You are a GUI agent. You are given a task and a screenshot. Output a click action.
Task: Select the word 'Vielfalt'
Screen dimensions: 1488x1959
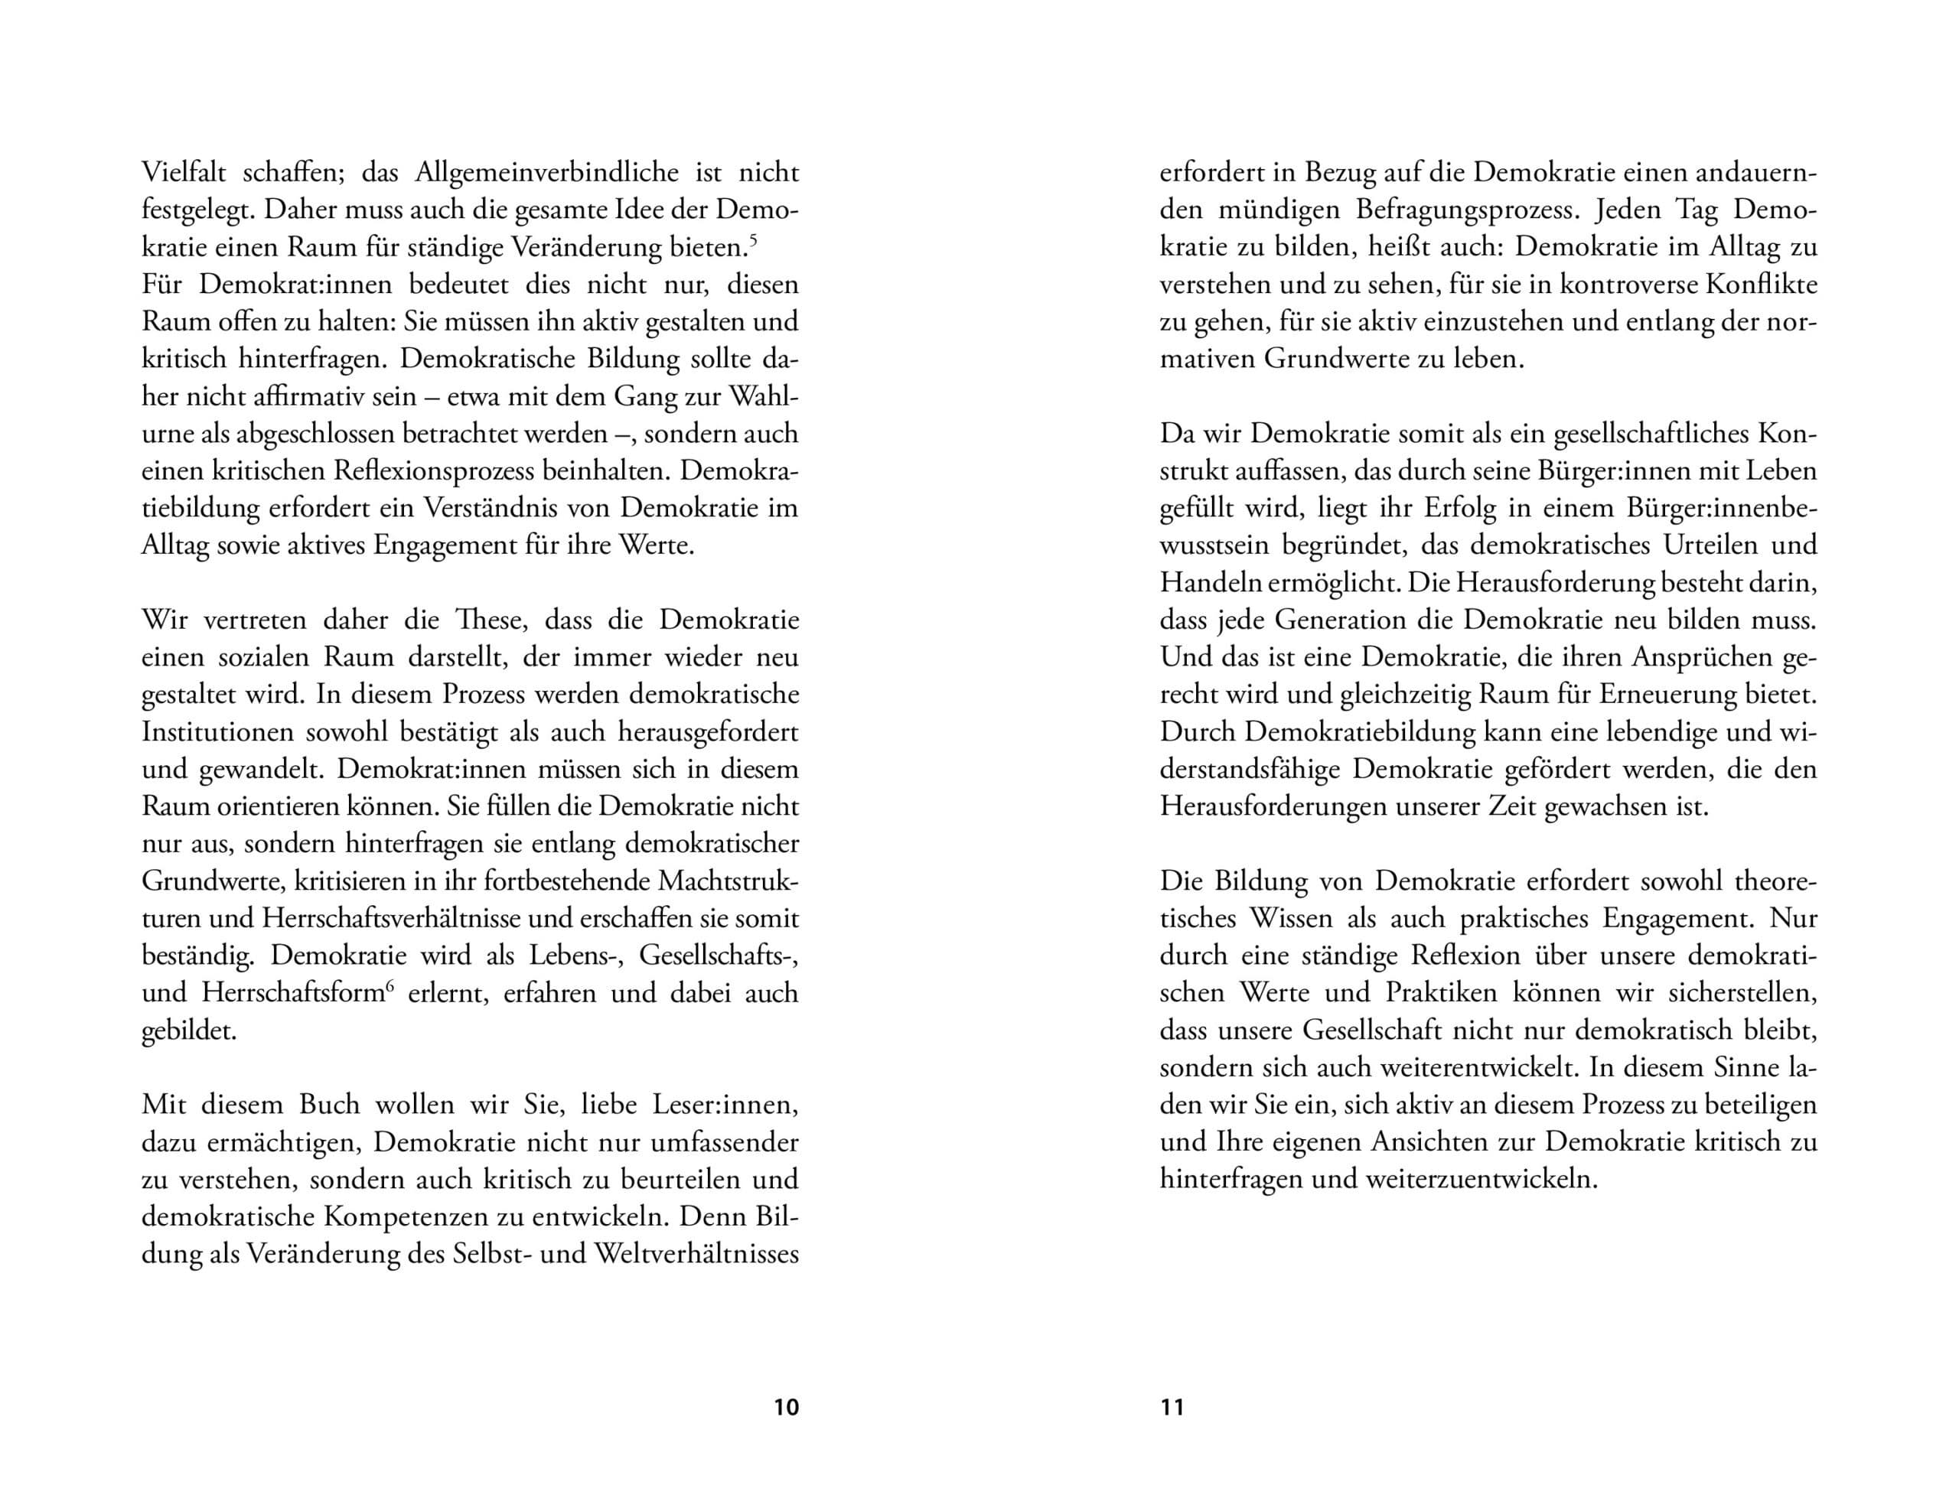[184, 173]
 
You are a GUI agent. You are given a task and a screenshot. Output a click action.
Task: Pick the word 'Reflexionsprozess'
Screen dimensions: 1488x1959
[448, 471]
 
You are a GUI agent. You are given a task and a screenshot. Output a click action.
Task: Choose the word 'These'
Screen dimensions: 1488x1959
[487, 620]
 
